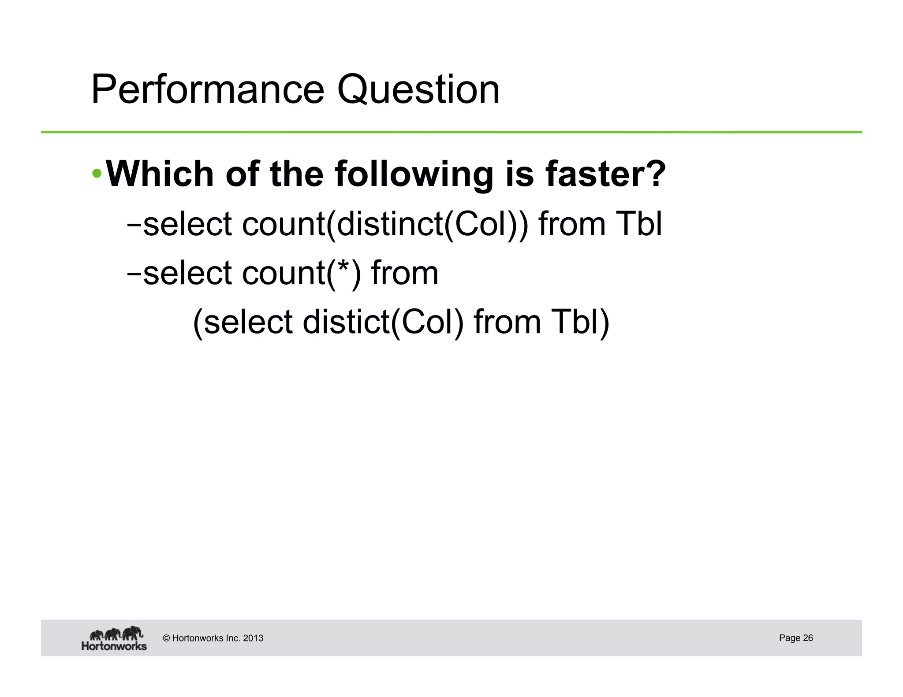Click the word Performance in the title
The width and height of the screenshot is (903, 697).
point(208,90)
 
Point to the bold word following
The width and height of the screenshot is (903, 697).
point(414,174)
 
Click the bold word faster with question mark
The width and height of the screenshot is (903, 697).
point(605,174)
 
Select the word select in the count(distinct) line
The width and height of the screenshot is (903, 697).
point(187,224)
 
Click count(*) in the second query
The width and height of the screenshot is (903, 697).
point(302,273)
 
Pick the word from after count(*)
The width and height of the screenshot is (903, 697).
point(405,273)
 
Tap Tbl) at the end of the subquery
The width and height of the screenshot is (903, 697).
point(579,322)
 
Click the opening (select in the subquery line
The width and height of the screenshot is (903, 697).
point(243,322)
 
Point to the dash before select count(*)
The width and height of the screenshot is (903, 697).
point(133,274)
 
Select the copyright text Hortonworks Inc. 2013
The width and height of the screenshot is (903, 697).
point(213,638)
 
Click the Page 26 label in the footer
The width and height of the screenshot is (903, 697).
point(795,638)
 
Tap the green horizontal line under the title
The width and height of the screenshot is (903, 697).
point(451,132)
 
